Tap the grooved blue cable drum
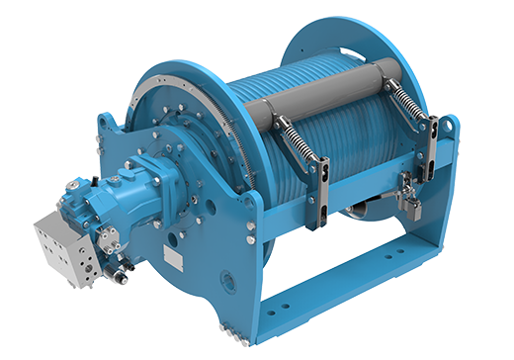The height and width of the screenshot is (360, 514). (x=297, y=148)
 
